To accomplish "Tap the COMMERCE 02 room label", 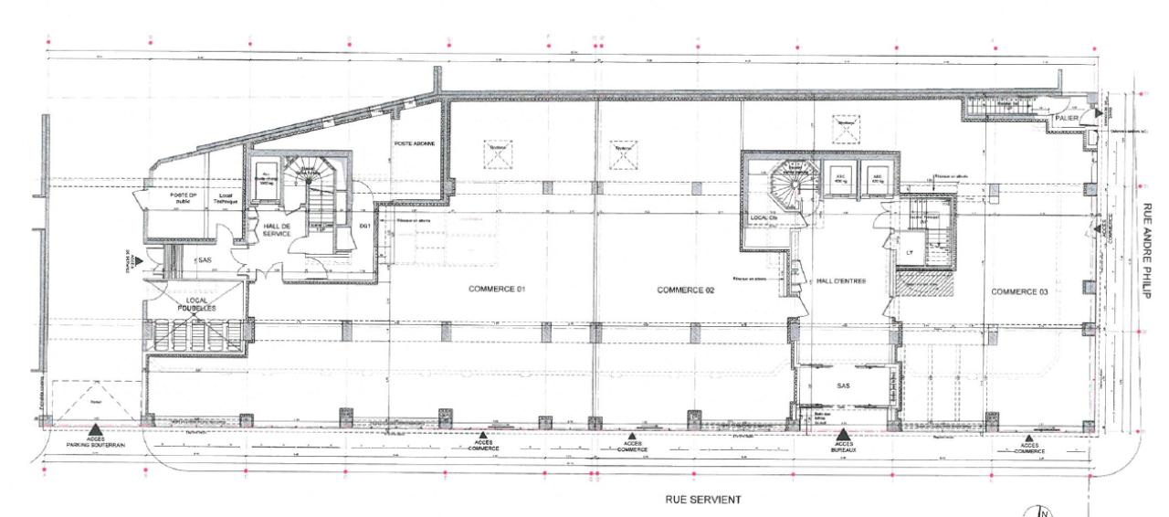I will [684, 290].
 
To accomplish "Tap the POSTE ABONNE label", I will [415, 144].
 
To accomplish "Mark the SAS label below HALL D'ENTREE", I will [843, 386].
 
